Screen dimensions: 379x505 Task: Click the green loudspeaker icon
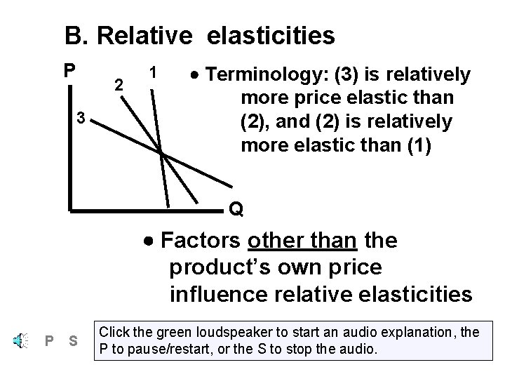(x=19, y=341)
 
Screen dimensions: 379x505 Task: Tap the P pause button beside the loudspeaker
(x=48, y=342)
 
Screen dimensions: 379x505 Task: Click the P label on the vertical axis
(x=68, y=72)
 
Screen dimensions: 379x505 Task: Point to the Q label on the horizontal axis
(x=236, y=209)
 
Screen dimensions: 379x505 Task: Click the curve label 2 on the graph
(x=120, y=85)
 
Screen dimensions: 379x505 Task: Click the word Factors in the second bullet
(x=201, y=241)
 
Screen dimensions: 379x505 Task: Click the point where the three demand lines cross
(x=161, y=152)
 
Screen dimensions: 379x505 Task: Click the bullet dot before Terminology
(x=198, y=75)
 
